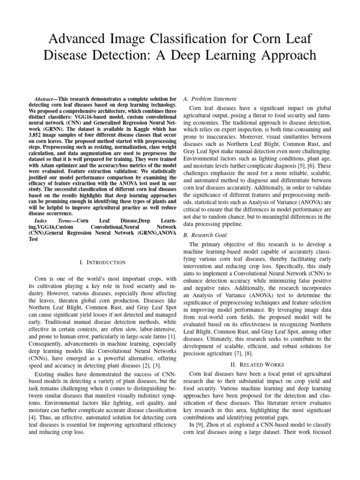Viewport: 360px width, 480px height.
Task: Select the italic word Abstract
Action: (x=40, y=99)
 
